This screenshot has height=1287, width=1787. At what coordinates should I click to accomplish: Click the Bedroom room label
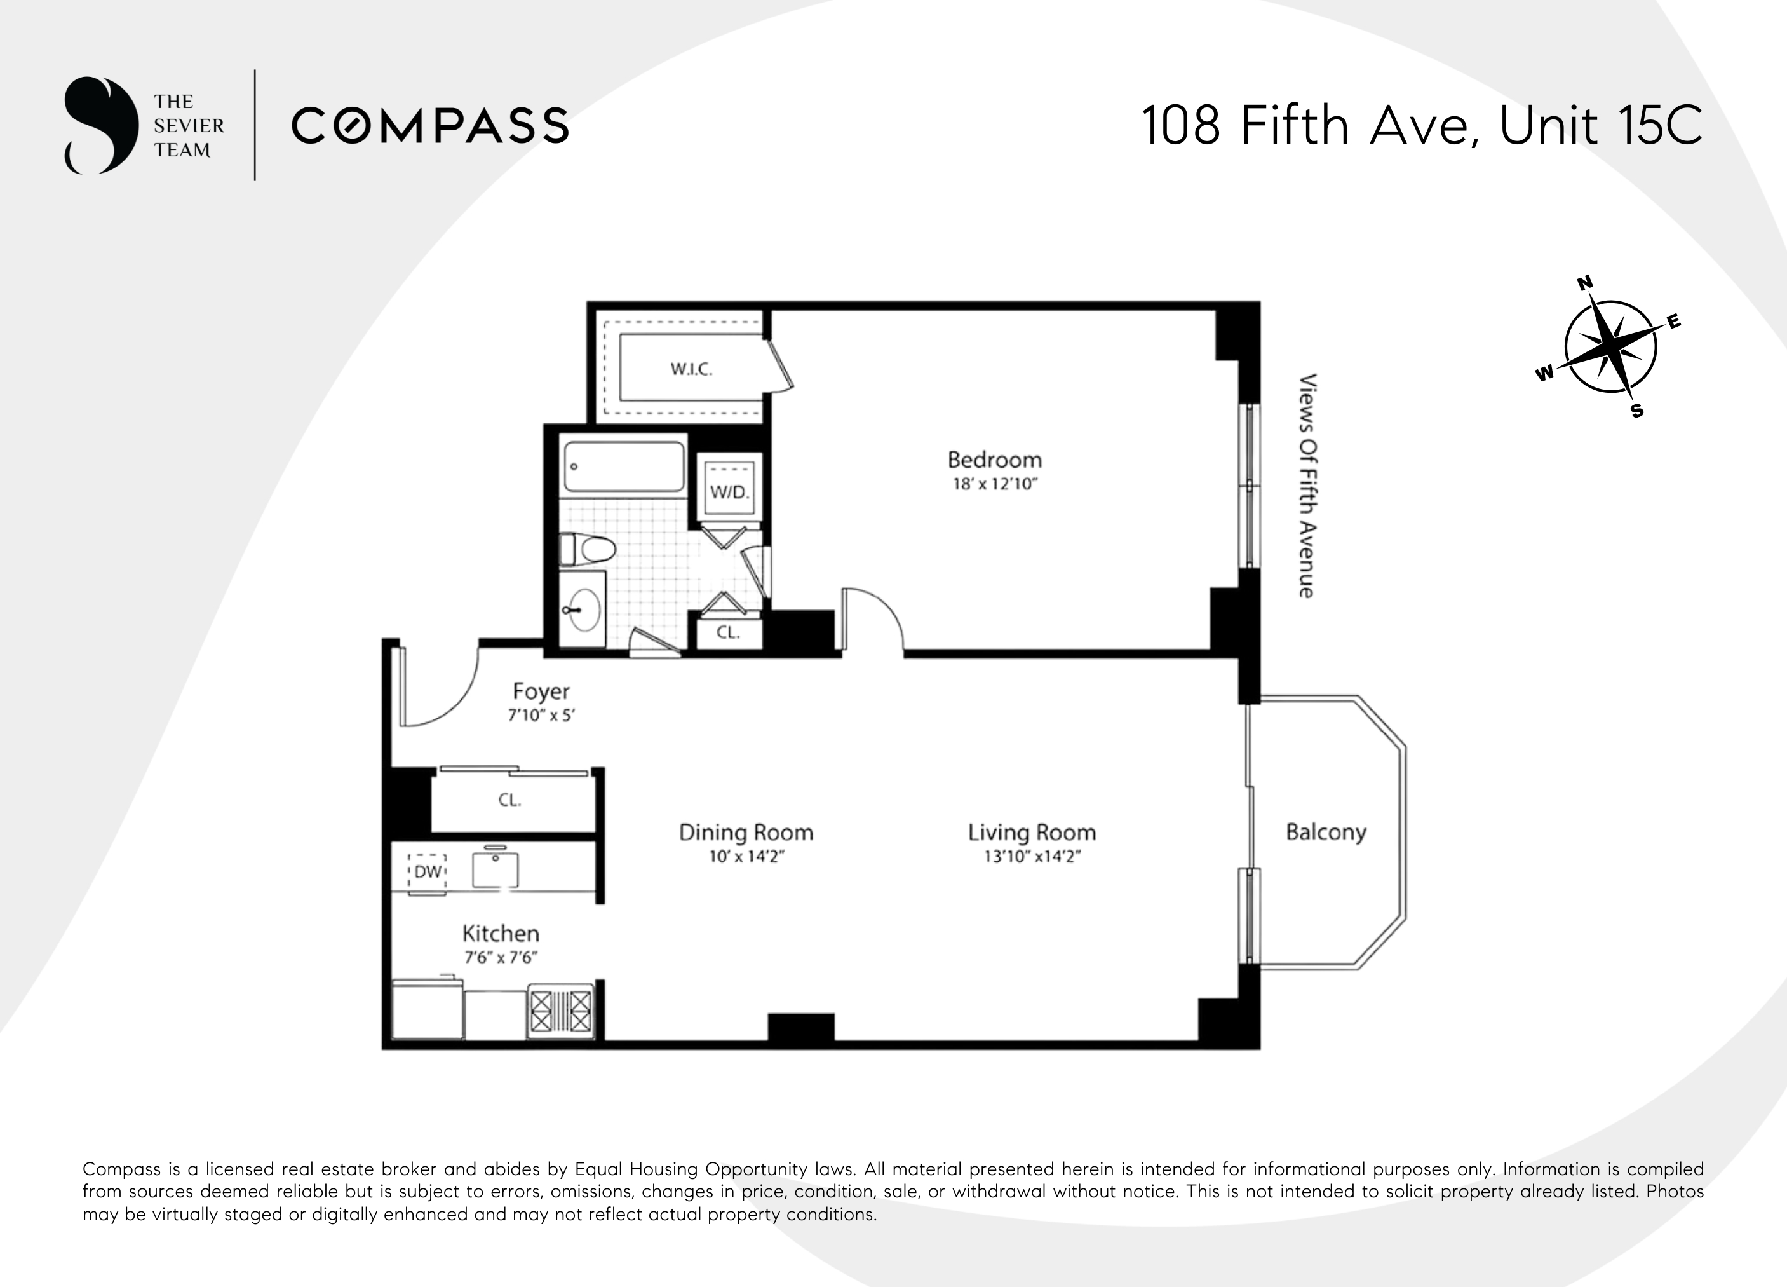994,460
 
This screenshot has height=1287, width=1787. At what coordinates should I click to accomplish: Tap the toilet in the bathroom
587,549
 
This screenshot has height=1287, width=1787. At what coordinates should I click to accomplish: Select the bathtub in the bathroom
624,466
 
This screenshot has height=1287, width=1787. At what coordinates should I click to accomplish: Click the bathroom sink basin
584,609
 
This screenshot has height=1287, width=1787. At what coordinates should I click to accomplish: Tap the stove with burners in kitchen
561,1011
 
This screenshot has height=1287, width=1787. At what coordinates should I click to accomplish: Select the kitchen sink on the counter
496,870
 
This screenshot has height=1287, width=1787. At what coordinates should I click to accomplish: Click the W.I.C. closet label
691,369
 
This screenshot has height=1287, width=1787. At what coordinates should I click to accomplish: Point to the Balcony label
1326,832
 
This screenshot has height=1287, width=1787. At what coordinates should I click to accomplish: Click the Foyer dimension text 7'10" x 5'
541,716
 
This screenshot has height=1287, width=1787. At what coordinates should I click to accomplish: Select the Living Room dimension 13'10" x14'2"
1032,857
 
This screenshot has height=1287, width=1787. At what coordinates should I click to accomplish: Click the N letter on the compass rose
1584,283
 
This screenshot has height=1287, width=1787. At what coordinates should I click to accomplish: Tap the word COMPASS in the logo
430,126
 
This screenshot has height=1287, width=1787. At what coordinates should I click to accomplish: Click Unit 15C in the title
1600,126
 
